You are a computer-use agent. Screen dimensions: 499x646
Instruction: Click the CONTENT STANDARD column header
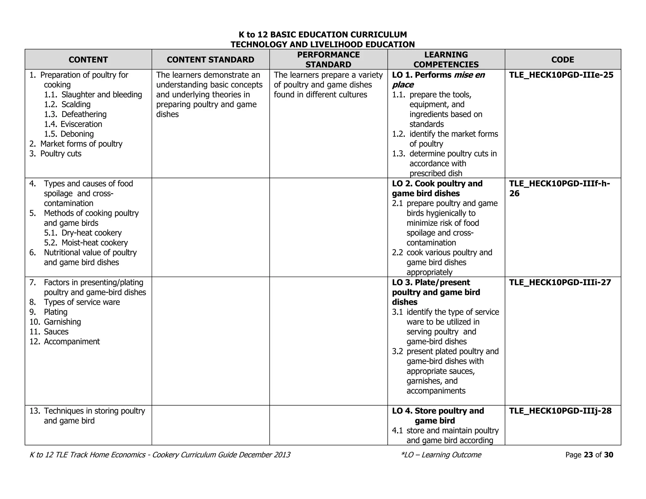[x=210, y=60]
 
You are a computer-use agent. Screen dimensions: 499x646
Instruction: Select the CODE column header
[x=562, y=60]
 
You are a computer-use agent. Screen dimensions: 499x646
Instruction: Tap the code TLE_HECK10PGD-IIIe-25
[x=561, y=75]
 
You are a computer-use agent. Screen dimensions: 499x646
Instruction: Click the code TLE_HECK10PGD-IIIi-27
[x=560, y=282]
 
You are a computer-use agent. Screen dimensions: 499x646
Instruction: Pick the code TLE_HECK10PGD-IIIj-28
[x=560, y=411]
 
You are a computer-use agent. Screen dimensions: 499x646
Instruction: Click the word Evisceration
[x=81, y=124]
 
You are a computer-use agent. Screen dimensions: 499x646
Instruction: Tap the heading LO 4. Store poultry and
[x=438, y=411]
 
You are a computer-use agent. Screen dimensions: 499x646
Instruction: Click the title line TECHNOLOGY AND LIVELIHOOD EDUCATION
[x=322, y=44]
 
